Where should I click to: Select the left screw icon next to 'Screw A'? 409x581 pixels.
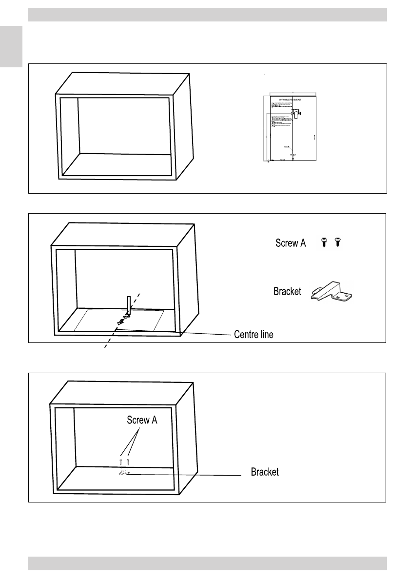323,242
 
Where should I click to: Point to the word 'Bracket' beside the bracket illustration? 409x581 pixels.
287,291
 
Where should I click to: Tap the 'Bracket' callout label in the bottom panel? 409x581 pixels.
265,472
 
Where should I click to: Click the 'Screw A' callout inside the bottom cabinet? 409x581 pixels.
142,419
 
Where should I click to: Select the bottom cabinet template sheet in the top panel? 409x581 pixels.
290,128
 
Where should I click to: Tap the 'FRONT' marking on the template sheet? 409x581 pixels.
292,155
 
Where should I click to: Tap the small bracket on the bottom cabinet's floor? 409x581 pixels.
123,471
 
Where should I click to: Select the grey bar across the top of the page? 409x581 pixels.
207,15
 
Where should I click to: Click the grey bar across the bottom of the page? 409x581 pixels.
207,563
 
